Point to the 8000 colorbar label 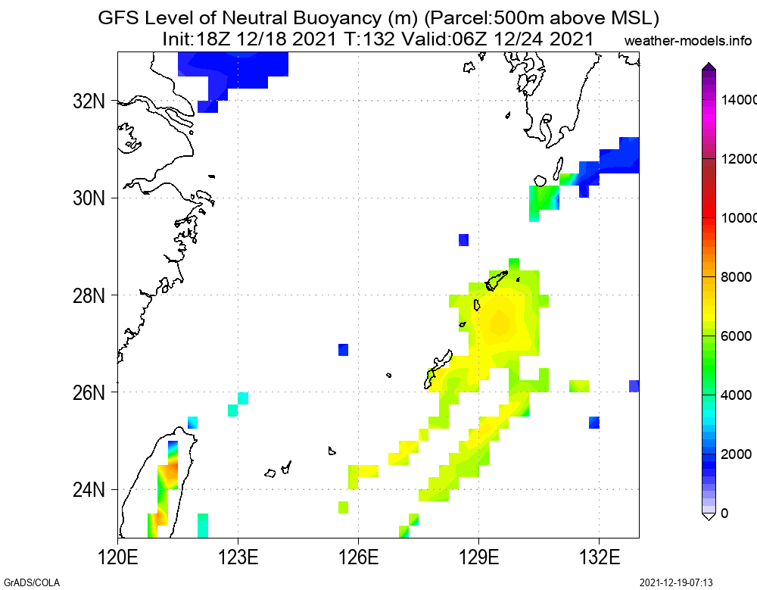(734, 277)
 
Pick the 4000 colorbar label (734, 395)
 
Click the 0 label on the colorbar (725, 514)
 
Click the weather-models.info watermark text (689, 40)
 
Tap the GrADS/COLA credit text (31, 582)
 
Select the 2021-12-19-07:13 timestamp (676, 582)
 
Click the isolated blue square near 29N (463, 240)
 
